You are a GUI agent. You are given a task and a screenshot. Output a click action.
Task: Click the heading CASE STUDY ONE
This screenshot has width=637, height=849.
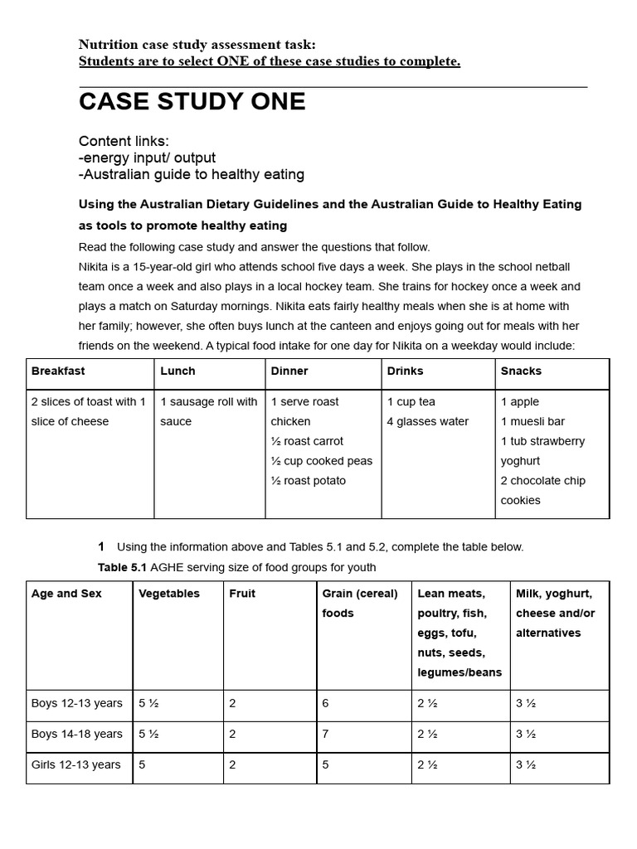[192, 102]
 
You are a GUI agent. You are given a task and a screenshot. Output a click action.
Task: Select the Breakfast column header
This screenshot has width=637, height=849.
[58, 371]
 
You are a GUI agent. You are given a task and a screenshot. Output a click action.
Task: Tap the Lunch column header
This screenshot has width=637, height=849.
[177, 371]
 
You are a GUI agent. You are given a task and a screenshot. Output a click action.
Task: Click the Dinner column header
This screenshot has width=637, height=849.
[289, 371]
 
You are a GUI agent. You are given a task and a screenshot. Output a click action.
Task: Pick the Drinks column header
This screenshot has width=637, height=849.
[405, 371]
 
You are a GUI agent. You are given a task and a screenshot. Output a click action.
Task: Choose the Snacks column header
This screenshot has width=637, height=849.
[521, 371]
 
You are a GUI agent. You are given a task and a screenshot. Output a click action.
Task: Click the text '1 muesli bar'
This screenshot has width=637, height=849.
[532, 421]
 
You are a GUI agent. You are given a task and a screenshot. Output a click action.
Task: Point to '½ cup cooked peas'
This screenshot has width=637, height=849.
[322, 461]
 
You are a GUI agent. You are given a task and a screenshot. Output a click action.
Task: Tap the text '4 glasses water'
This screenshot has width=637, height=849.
[427, 421]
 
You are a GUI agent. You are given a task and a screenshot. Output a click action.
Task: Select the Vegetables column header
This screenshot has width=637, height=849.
[169, 594]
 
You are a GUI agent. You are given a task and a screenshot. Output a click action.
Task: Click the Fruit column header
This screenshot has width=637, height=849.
[242, 594]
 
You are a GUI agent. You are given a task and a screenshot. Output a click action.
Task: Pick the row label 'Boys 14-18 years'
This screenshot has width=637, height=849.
[76, 734]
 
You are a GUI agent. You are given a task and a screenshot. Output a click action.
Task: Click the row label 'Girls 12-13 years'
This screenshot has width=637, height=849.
[75, 764]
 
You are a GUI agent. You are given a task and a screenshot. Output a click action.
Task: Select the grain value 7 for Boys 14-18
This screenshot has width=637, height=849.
[325, 734]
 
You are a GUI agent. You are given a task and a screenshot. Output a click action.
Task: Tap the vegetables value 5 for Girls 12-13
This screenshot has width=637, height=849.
[142, 764]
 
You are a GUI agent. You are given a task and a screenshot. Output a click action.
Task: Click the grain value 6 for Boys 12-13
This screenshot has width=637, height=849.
[325, 703]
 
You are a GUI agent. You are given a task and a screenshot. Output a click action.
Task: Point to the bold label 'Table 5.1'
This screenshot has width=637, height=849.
[122, 567]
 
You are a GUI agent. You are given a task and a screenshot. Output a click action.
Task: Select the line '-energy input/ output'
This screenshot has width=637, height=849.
[147, 158]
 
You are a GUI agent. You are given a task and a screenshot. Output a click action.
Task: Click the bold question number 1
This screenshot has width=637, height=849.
[101, 546]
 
